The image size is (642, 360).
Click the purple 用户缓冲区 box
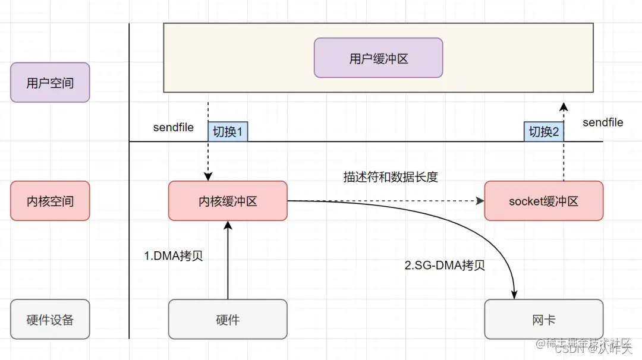pos(378,58)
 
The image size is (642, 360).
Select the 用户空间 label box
pos(50,83)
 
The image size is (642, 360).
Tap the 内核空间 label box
pos(50,201)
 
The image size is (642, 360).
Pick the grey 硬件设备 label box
pos(50,319)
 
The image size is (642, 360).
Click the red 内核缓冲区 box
pos(228,201)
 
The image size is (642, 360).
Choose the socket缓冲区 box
pos(543,201)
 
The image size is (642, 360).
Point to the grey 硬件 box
pos(228,319)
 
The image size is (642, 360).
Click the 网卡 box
pos(543,319)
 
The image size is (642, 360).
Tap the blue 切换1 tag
pos(228,131)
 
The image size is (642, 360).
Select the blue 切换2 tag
pos(543,131)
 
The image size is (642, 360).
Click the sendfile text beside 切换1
pos(173,128)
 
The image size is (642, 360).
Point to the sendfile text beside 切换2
pos(602,122)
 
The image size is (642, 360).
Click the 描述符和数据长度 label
pos(390,177)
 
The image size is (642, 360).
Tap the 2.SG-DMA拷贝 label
pos(445,266)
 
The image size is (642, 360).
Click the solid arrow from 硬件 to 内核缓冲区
pos(228,261)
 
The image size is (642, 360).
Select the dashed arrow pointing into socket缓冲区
pos(386,201)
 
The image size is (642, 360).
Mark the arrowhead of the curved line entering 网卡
pos(514,294)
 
